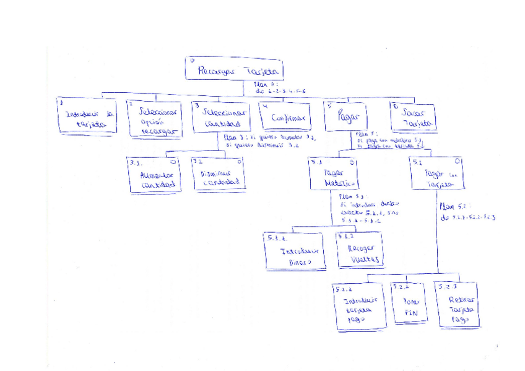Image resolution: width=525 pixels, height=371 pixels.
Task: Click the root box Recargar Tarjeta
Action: coord(234,69)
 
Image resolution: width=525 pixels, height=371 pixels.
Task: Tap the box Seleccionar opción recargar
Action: coord(154,118)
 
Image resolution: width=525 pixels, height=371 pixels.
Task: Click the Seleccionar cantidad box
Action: coord(221,117)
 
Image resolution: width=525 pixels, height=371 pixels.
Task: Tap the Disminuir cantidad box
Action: coord(217,174)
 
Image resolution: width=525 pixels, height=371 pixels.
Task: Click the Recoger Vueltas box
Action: coord(360,249)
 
